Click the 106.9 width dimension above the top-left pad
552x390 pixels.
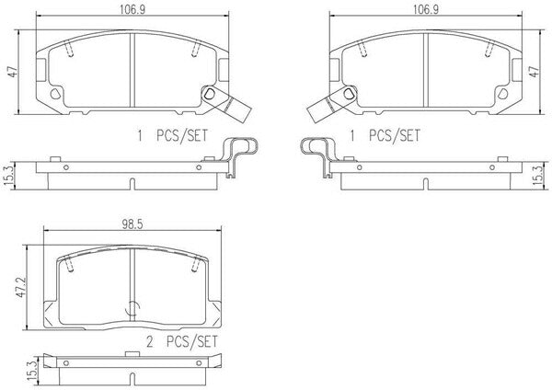(x=132, y=9)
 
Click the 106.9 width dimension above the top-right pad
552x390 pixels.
(x=426, y=9)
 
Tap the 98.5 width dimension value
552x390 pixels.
(x=132, y=224)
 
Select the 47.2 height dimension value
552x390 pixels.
(x=21, y=287)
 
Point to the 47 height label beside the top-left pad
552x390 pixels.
(x=13, y=72)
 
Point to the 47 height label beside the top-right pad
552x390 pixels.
(x=535, y=72)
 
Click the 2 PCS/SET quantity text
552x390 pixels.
(x=182, y=341)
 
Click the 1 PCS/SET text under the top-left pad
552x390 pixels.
(x=173, y=135)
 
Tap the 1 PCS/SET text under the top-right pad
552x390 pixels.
(x=385, y=135)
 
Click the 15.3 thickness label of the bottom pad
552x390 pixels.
(x=31, y=373)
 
